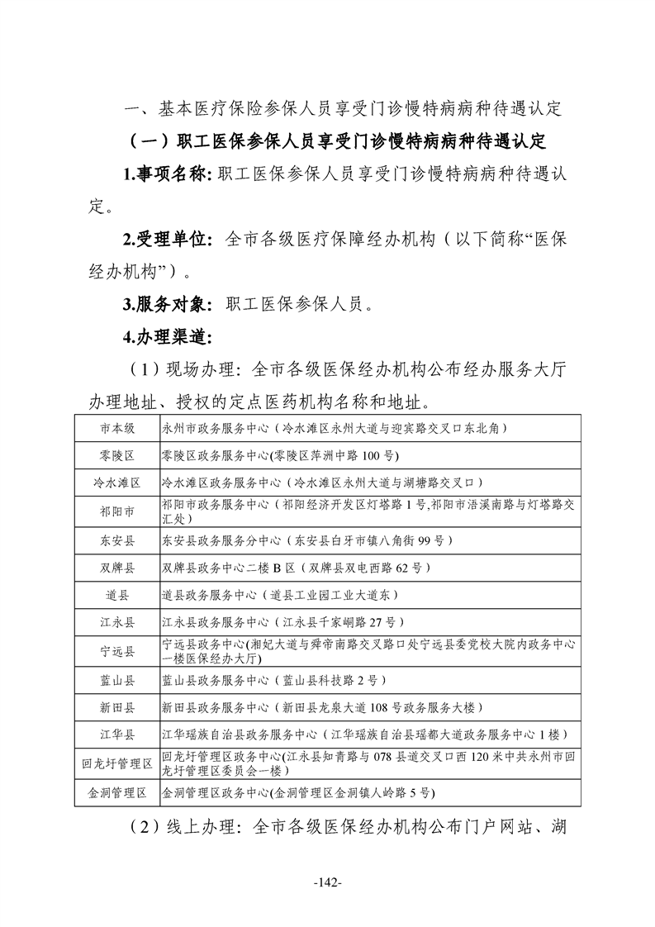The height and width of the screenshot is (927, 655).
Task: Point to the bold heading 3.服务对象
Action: pos(168,304)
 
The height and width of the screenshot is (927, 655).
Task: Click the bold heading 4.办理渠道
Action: pos(168,336)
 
